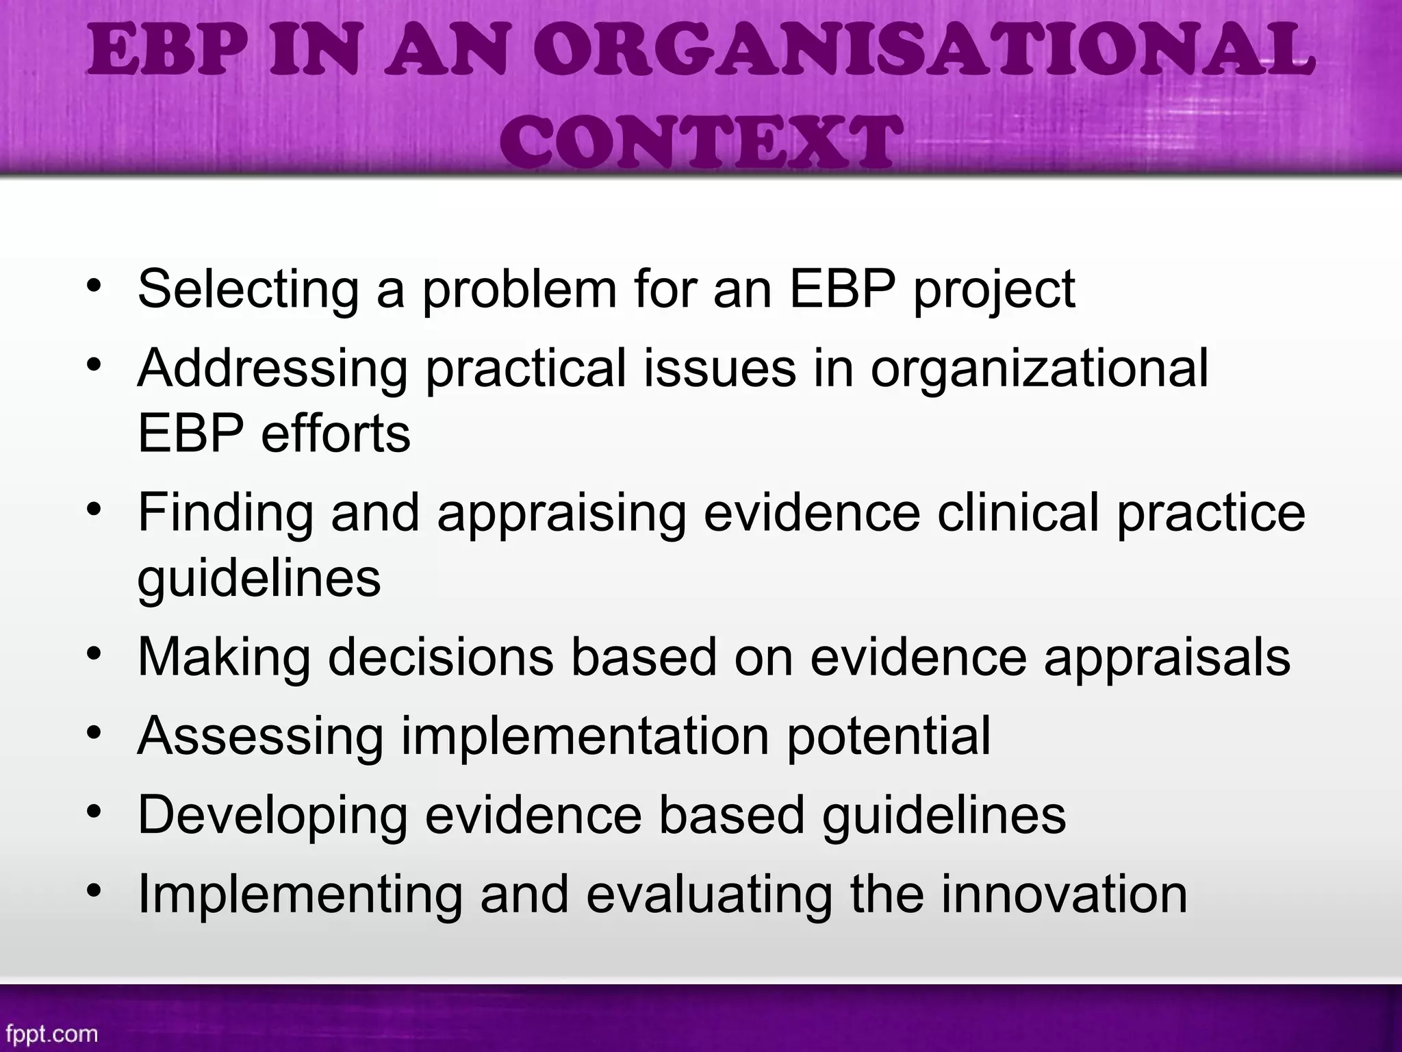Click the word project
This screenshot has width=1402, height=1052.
click(993, 290)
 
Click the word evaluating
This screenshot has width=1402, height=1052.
click(709, 894)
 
